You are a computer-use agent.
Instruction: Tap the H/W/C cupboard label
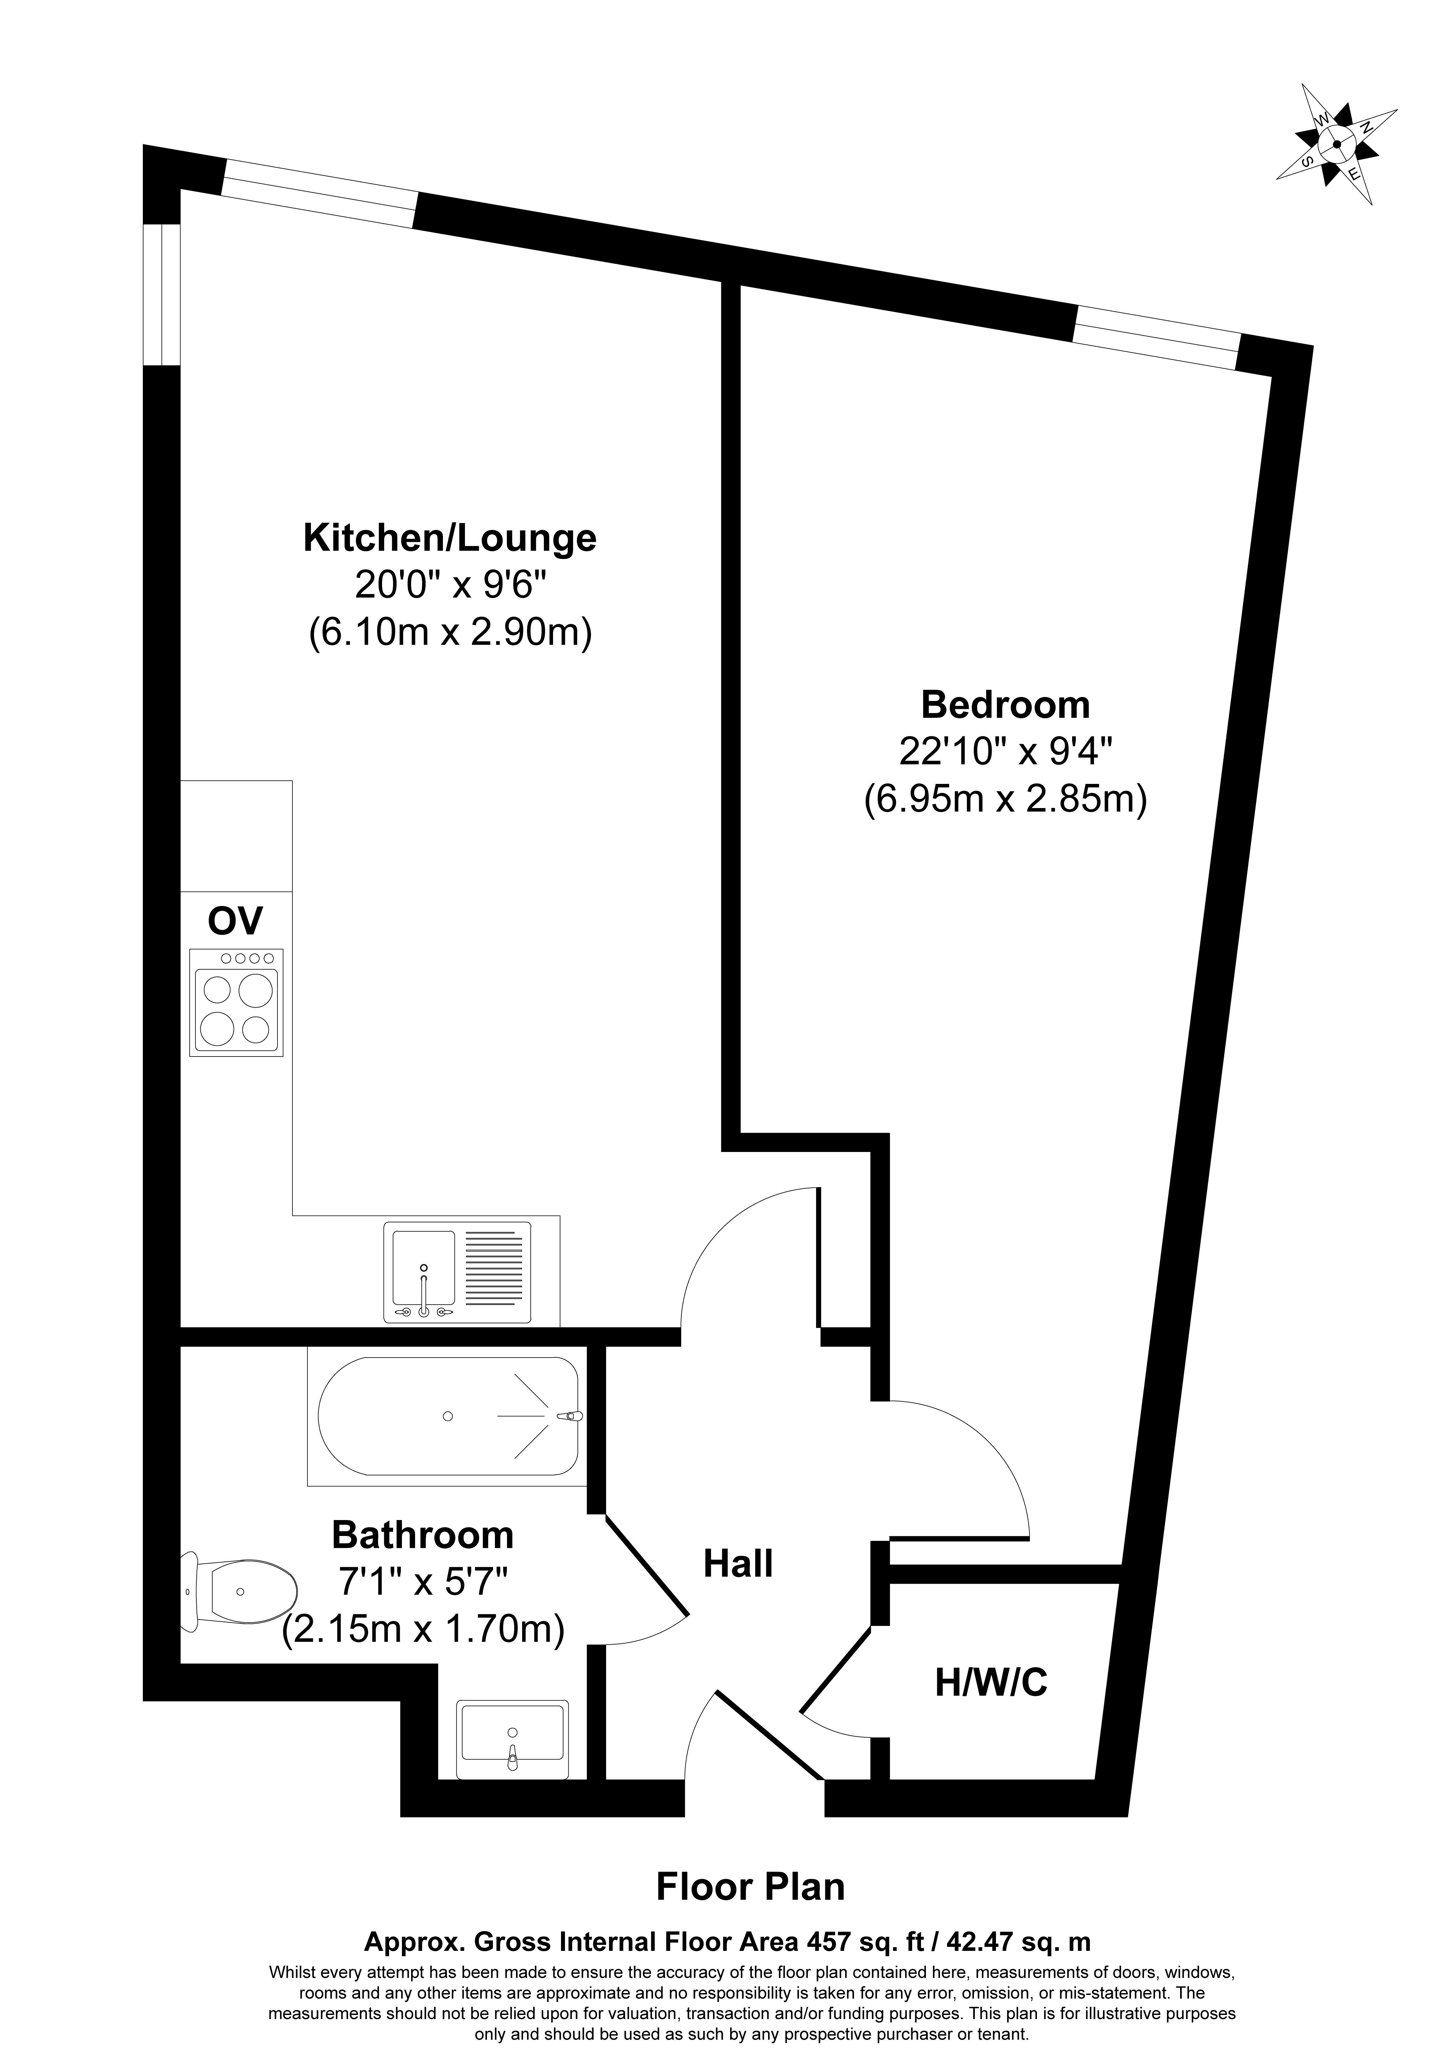991,1682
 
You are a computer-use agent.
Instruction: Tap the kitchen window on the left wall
162,294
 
